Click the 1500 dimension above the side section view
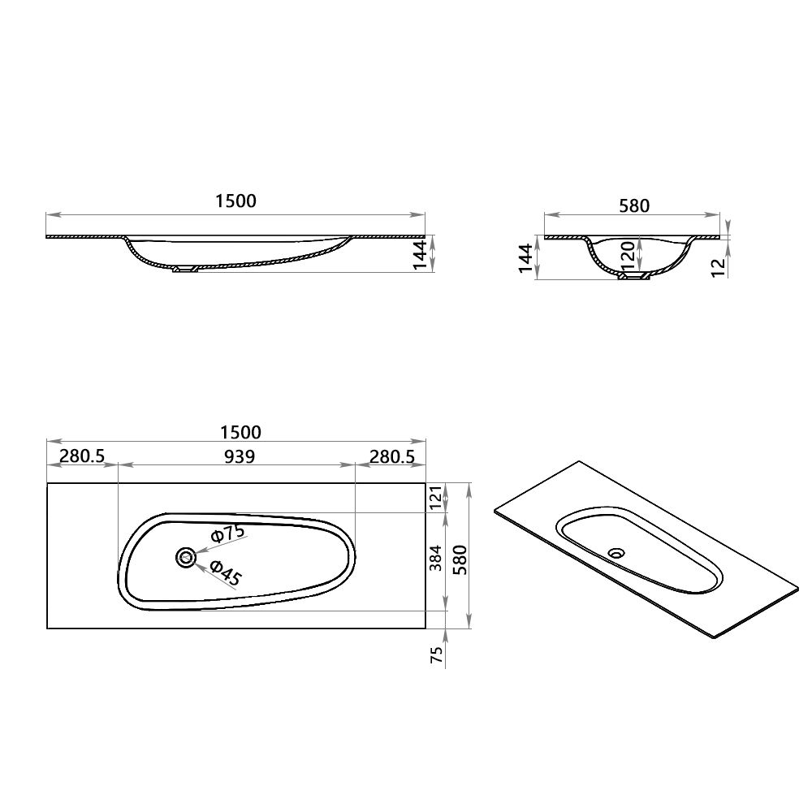point(236,201)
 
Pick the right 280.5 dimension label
point(392,456)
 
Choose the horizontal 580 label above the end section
point(633,206)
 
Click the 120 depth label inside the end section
point(628,255)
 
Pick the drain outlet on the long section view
point(185,270)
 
